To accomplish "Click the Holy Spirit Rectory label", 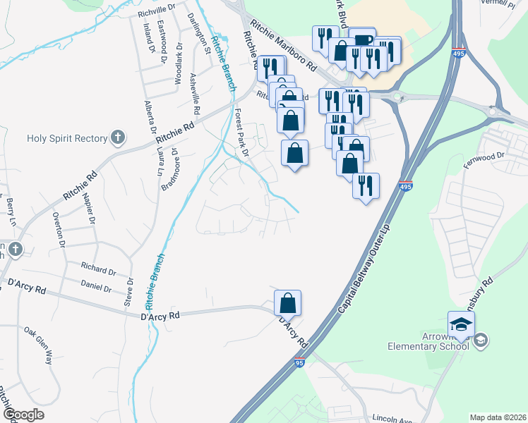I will click(66, 138).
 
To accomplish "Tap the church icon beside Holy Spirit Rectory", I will click(118, 138).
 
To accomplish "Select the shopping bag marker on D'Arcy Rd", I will click(287, 303).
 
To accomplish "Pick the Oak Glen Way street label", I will click(39, 345).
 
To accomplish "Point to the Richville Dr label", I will click(156, 10).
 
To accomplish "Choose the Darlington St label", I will click(198, 32).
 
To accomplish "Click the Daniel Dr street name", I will click(96, 288).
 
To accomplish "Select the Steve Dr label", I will click(129, 290).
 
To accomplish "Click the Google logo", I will click(24, 415).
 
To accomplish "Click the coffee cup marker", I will click(362, 42).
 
